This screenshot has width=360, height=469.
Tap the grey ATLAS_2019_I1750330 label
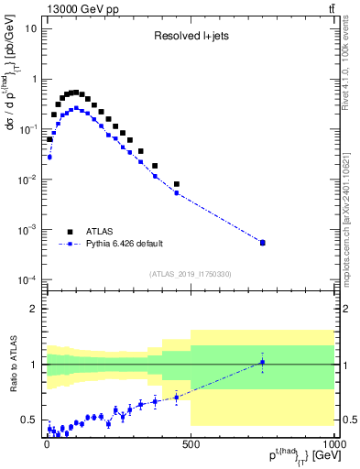[190, 274]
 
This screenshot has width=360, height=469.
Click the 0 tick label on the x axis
[46, 442]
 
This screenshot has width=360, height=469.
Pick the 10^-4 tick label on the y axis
[27, 279]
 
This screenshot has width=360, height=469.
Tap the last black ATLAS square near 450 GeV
[176, 184]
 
